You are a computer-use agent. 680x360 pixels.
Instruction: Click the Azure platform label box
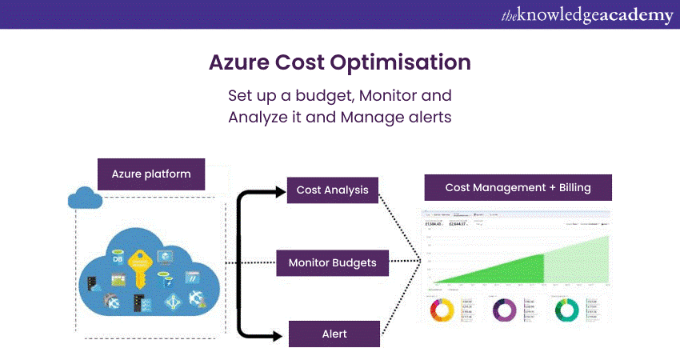151,173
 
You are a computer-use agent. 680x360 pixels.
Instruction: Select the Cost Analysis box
332,190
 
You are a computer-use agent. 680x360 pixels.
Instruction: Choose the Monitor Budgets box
332,262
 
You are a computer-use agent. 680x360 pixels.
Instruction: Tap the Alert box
334,334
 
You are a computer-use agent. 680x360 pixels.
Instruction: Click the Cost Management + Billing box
518,188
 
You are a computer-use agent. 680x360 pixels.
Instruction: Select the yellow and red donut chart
442,309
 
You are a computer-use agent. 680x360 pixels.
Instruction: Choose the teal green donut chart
566,309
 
